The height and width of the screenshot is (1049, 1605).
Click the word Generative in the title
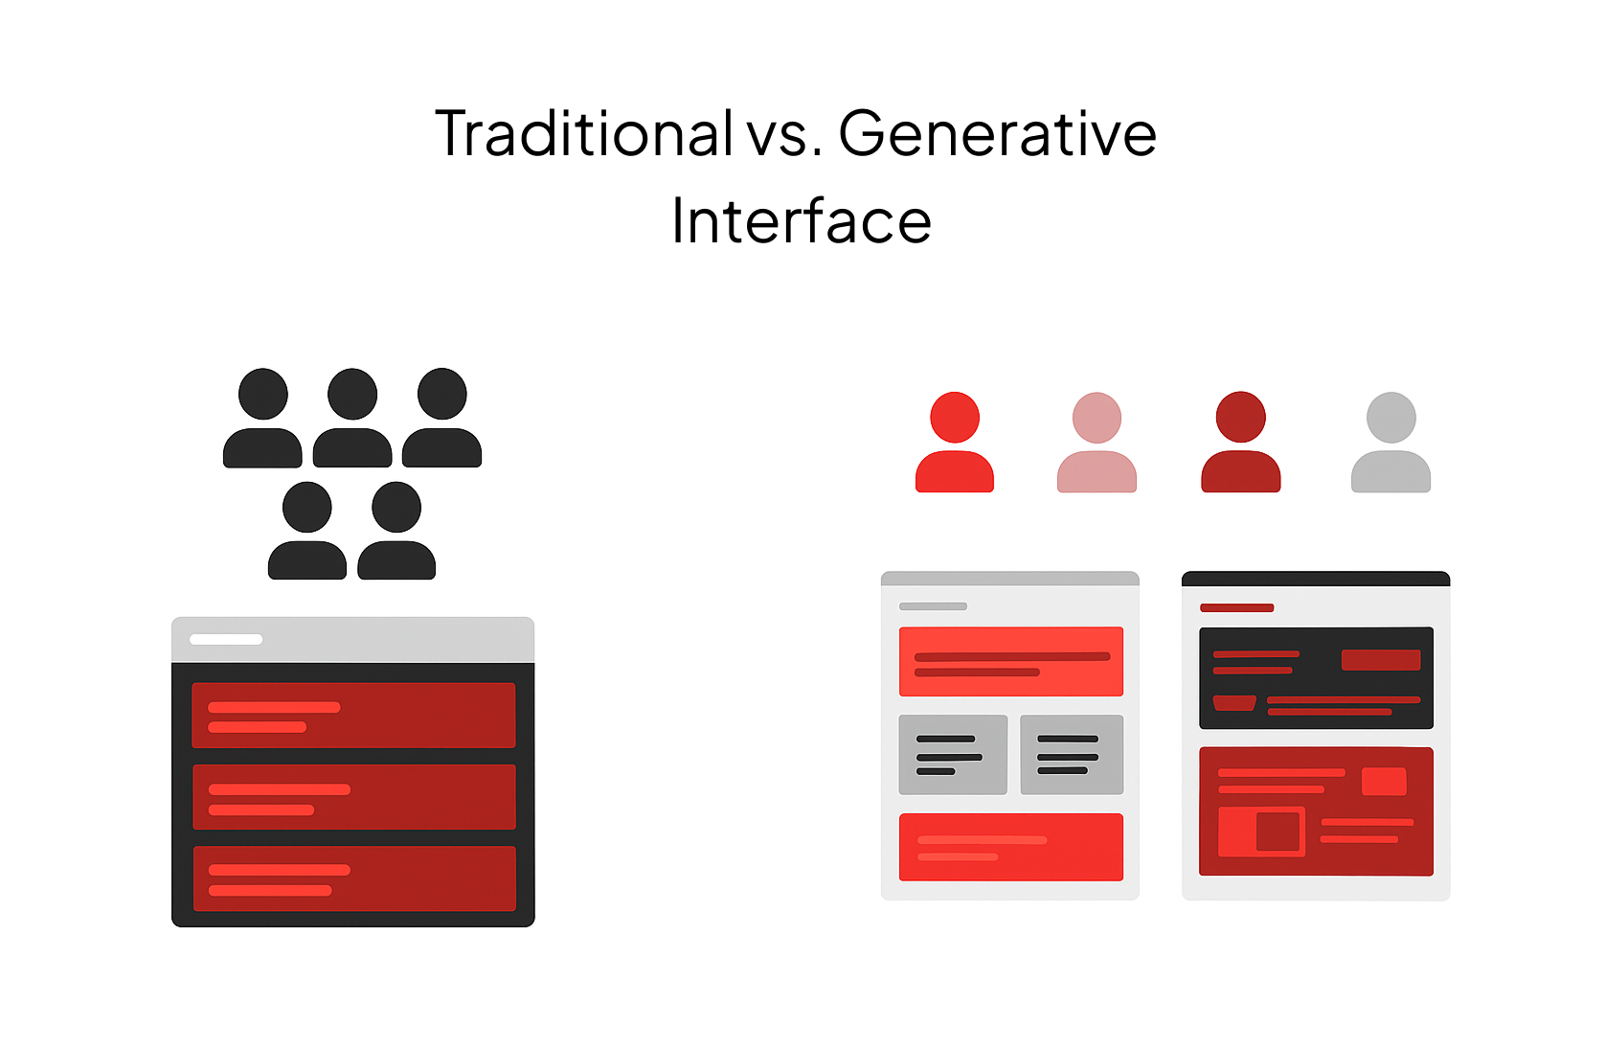click(x=997, y=134)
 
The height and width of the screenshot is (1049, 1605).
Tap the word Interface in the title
click(x=801, y=221)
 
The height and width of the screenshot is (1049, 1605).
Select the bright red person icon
click(x=954, y=444)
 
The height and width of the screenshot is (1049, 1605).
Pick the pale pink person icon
click(x=1096, y=444)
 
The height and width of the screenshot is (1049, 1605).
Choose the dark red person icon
click(x=1240, y=444)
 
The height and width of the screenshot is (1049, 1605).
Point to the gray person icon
click(x=1390, y=444)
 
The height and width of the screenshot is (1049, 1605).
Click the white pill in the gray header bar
click(x=226, y=639)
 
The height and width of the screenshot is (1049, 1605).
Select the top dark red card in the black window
click(x=353, y=715)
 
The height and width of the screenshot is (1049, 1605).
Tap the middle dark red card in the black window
click(x=353, y=796)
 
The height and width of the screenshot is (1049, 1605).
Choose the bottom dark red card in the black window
click(x=353, y=878)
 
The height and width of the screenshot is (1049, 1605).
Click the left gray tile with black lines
click(x=953, y=754)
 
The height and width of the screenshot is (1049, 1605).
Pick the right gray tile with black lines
click(x=1071, y=754)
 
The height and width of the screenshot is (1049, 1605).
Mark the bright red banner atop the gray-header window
click(x=1010, y=661)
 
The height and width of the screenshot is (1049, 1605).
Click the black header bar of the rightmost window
click(x=1315, y=579)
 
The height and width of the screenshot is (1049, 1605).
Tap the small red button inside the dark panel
click(x=1380, y=659)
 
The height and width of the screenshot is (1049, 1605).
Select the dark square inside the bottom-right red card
click(x=1277, y=831)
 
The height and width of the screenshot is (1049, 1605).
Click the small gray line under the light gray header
click(x=933, y=606)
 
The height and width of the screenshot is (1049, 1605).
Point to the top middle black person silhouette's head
click(x=352, y=394)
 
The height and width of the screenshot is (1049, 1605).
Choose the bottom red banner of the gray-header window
click(x=1010, y=847)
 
